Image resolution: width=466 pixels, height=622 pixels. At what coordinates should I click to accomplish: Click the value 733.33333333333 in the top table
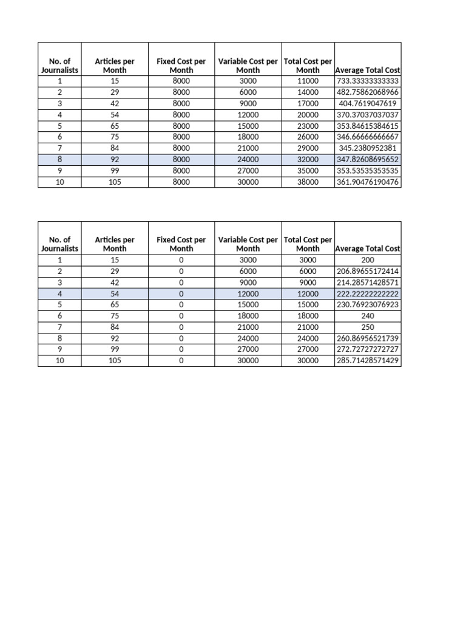pyautogui.click(x=367, y=81)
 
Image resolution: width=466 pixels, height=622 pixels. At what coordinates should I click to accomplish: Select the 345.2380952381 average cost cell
pyautogui.click(x=367, y=148)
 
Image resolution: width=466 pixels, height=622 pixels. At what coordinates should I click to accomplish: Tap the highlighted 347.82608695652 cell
pyautogui.click(x=367, y=159)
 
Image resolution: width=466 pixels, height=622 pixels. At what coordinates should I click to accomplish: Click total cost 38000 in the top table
pyautogui.click(x=308, y=182)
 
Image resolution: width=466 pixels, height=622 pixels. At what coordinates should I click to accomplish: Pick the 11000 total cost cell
pyautogui.click(x=308, y=81)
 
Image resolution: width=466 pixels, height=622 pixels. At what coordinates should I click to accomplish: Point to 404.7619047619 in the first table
pyautogui.click(x=367, y=103)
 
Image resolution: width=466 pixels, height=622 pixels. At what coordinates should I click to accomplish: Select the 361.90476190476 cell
pyautogui.click(x=367, y=182)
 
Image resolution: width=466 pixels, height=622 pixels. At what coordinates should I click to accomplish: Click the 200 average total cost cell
pyautogui.click(x=367, y=260)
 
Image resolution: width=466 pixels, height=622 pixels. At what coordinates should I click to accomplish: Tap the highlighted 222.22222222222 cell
pyautogui.click(x=367, y=293)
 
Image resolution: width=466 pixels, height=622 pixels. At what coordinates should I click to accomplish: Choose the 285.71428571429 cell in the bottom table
pyautogui.click(x=367, y=360)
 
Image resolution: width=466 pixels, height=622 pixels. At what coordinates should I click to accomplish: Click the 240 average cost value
pyautogui.click(x=367, y=316)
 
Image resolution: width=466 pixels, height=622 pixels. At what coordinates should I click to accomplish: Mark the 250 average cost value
pyautogui.click(x=367, y=327)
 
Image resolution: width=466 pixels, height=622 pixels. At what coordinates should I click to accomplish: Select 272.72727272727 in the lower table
pyautogui.click(x=367, y=349)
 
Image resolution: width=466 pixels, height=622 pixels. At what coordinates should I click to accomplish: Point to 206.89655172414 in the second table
pyautogui.click(x=367, y=271)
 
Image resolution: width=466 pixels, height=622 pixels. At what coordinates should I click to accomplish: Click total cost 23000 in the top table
pyautogui.click(x=308, y=126)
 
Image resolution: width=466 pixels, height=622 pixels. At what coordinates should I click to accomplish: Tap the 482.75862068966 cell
pyautogui.click(x=367, y=92)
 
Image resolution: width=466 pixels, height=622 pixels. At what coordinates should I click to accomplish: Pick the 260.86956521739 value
pyautogui.click(x=367, y=338)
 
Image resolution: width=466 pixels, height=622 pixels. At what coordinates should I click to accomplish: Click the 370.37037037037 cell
pyautogui.click(x=367, y=114)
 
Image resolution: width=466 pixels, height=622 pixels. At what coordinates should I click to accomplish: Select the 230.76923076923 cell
pyautogui.click(x=367, y=304)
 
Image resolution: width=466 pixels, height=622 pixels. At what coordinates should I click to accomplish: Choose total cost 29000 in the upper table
pyautogui.click(x=308, y=148)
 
